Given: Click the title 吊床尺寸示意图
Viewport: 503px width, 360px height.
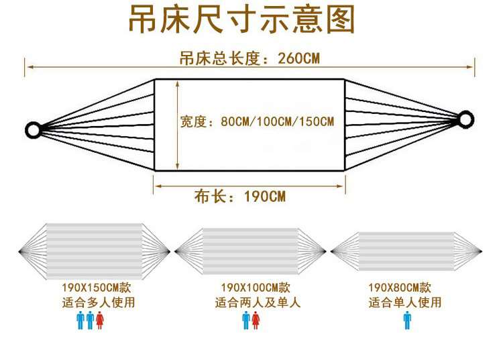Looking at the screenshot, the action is [241, 19].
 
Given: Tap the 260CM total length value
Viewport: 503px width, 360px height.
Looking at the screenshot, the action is [298, 59].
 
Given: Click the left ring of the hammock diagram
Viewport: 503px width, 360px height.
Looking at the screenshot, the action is [34, 130].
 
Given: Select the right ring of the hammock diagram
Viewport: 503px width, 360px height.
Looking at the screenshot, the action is [465, 119].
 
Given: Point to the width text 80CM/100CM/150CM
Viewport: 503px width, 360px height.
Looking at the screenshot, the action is [278, 121].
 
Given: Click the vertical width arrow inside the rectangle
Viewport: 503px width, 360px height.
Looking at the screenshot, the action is [178, 125].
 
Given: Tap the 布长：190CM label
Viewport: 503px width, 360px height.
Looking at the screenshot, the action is [239, 196].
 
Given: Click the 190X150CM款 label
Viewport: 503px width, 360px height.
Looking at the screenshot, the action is [96, 287].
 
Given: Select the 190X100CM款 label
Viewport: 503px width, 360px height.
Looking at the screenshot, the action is [256, 287].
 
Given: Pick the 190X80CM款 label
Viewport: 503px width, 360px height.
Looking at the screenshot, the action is [400, 287].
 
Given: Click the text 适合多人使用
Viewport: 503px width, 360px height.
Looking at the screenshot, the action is [99, 302].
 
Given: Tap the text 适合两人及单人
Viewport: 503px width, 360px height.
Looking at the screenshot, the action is [258, 302].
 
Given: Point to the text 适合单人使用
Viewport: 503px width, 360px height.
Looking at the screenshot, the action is [405, 302].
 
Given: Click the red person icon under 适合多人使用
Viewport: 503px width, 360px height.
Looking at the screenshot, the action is [100, 320].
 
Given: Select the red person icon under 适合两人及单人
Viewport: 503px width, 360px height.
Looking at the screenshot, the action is [256, 320].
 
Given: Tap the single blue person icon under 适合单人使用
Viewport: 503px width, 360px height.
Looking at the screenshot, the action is [407, 320].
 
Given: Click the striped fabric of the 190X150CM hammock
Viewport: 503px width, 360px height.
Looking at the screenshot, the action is [95, 251].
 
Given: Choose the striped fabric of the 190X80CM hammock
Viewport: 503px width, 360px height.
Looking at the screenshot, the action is [406, 251].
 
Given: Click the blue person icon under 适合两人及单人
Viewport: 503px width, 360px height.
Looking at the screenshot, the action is [246, 320].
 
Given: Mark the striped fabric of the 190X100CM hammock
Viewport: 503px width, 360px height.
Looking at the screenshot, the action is [251, 251].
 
